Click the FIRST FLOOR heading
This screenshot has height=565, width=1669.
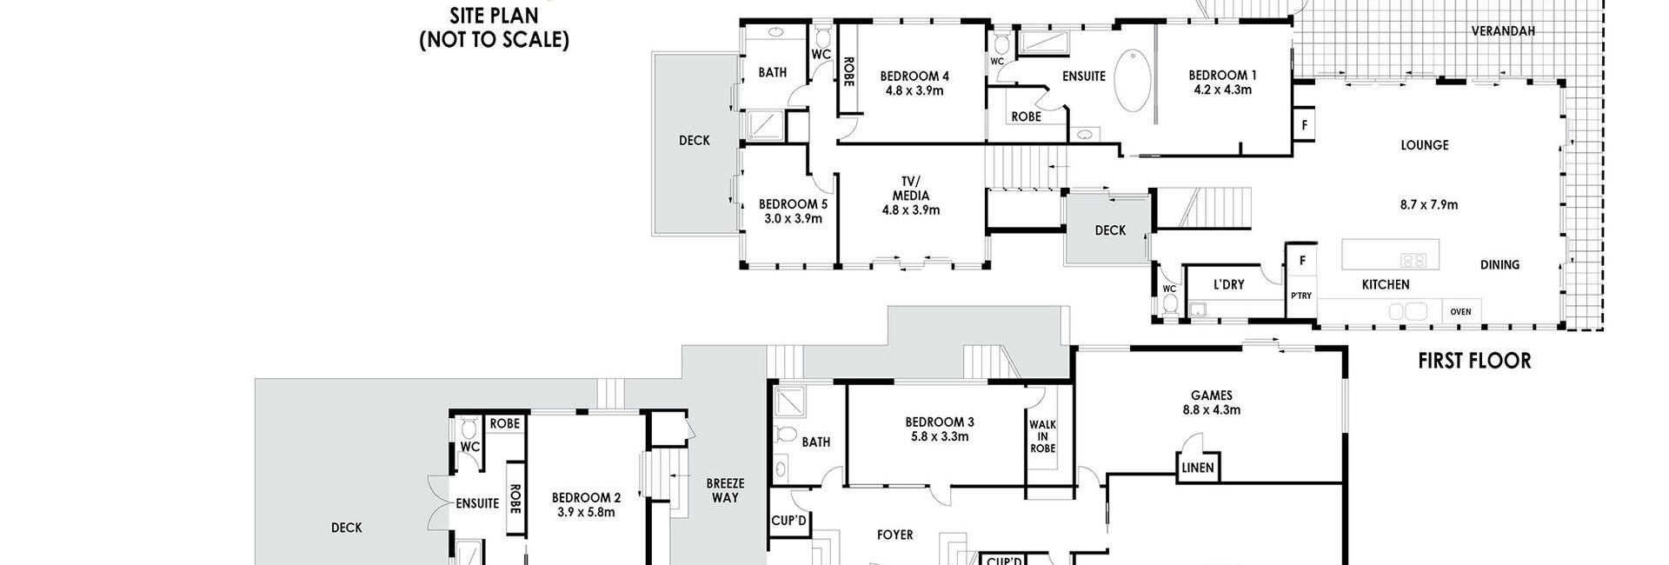tap(1474, 361)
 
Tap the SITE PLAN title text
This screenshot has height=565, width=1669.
tap(494, 15)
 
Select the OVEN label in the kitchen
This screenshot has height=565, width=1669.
tap(1461, 312)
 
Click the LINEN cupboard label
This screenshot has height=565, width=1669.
tap(1197, 468)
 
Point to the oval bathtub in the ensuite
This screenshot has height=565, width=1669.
tap(1133, 81)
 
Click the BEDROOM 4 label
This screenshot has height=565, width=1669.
tap(914, 76)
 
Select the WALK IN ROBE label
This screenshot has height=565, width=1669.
tap(1042, 435)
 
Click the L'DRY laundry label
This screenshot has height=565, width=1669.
tap(1228, 284)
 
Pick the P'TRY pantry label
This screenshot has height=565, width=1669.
tap(1301, 296)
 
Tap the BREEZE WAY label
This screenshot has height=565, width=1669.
tap(725, 490)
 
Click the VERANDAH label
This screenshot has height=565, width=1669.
tap(1503, 31)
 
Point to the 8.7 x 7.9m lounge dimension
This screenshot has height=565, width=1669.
tap(1428, 205)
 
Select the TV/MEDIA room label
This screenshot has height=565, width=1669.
tap(910, 195)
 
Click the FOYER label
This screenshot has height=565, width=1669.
tap(894, 535)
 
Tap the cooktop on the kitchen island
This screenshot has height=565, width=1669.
tap(1413, 259)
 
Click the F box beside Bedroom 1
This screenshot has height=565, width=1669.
tap(1304, 124)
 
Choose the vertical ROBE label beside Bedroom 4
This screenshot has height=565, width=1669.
tap(848, 71)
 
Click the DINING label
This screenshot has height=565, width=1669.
tap(1500, 265)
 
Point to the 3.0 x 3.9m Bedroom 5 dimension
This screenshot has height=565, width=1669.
tap(793, 218)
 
